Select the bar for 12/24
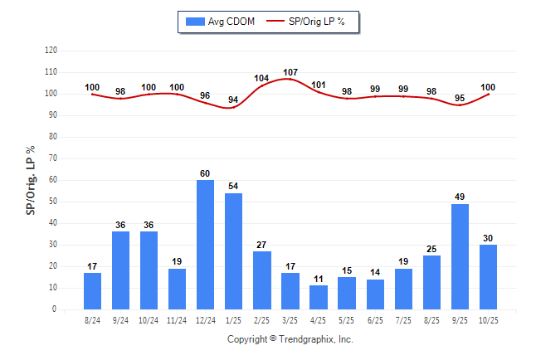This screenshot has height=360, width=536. click(x=205, y=245)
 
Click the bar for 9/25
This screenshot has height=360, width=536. click(x=460, y=256)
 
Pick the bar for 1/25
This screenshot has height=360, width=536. click(x=233, y=251)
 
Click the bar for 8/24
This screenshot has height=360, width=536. click(x=92, y=291)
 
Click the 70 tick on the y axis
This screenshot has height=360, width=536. click(x=52, y=158)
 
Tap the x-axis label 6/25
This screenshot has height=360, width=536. click(x=375, y=319)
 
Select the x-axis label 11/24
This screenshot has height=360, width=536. click(x=177, y=319)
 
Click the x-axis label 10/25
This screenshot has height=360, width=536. click(x=488, y=319)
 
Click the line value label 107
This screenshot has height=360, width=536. click(x=290, y=72)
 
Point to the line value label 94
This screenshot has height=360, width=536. click(x=233, y=100)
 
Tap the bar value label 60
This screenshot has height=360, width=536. click(x=205, y=173)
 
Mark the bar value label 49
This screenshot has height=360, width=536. click(x=460, y=197)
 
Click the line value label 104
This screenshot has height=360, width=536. click(x=261, y=79)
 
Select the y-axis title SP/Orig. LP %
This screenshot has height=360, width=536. click(x=31, y=179)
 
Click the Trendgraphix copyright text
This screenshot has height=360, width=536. click(x=290, y=339)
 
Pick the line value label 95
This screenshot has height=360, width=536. click(x=460, y=98)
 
